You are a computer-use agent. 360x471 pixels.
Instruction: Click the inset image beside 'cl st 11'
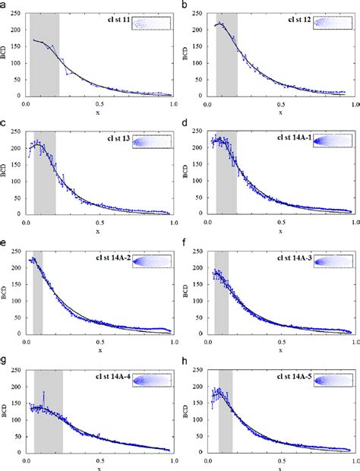coord(151,23)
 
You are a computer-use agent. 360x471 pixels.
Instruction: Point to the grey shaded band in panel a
coord(44,53)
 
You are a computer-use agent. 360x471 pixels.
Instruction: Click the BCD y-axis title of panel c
coord(6,172)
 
